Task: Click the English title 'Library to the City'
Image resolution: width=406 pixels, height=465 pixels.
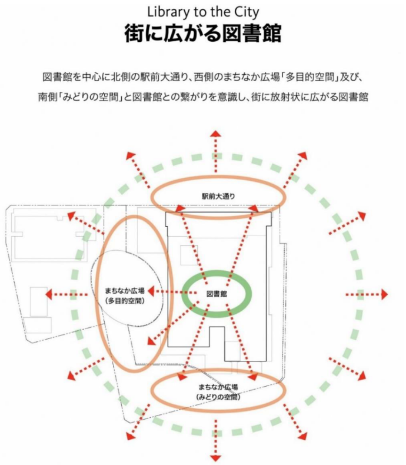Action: point(203,11)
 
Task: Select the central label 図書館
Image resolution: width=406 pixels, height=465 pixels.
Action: point(217,293)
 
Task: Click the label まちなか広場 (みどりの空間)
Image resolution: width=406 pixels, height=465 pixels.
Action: point(218,391)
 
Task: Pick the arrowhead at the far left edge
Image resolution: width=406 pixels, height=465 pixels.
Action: point(49,294)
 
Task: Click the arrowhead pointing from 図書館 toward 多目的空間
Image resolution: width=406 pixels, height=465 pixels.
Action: point(151,291)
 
